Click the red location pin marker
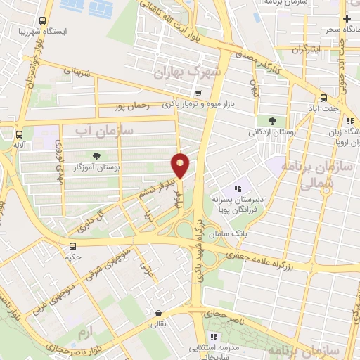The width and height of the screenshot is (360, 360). click(180, 165)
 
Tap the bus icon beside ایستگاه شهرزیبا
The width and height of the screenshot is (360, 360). click(43, 20)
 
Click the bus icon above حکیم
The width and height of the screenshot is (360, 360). click(72, 245)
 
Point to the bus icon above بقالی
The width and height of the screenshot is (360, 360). click(158, 313)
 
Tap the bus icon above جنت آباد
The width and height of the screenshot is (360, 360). click(323, 98)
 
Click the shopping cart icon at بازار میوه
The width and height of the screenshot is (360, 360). click(198, 93)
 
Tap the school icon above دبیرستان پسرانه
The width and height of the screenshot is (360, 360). click(237, 188)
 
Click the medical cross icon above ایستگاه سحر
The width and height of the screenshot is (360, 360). click(346, 18)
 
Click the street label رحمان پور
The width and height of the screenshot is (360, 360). click(133, 106)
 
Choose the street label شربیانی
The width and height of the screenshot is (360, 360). click(78, 71)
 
